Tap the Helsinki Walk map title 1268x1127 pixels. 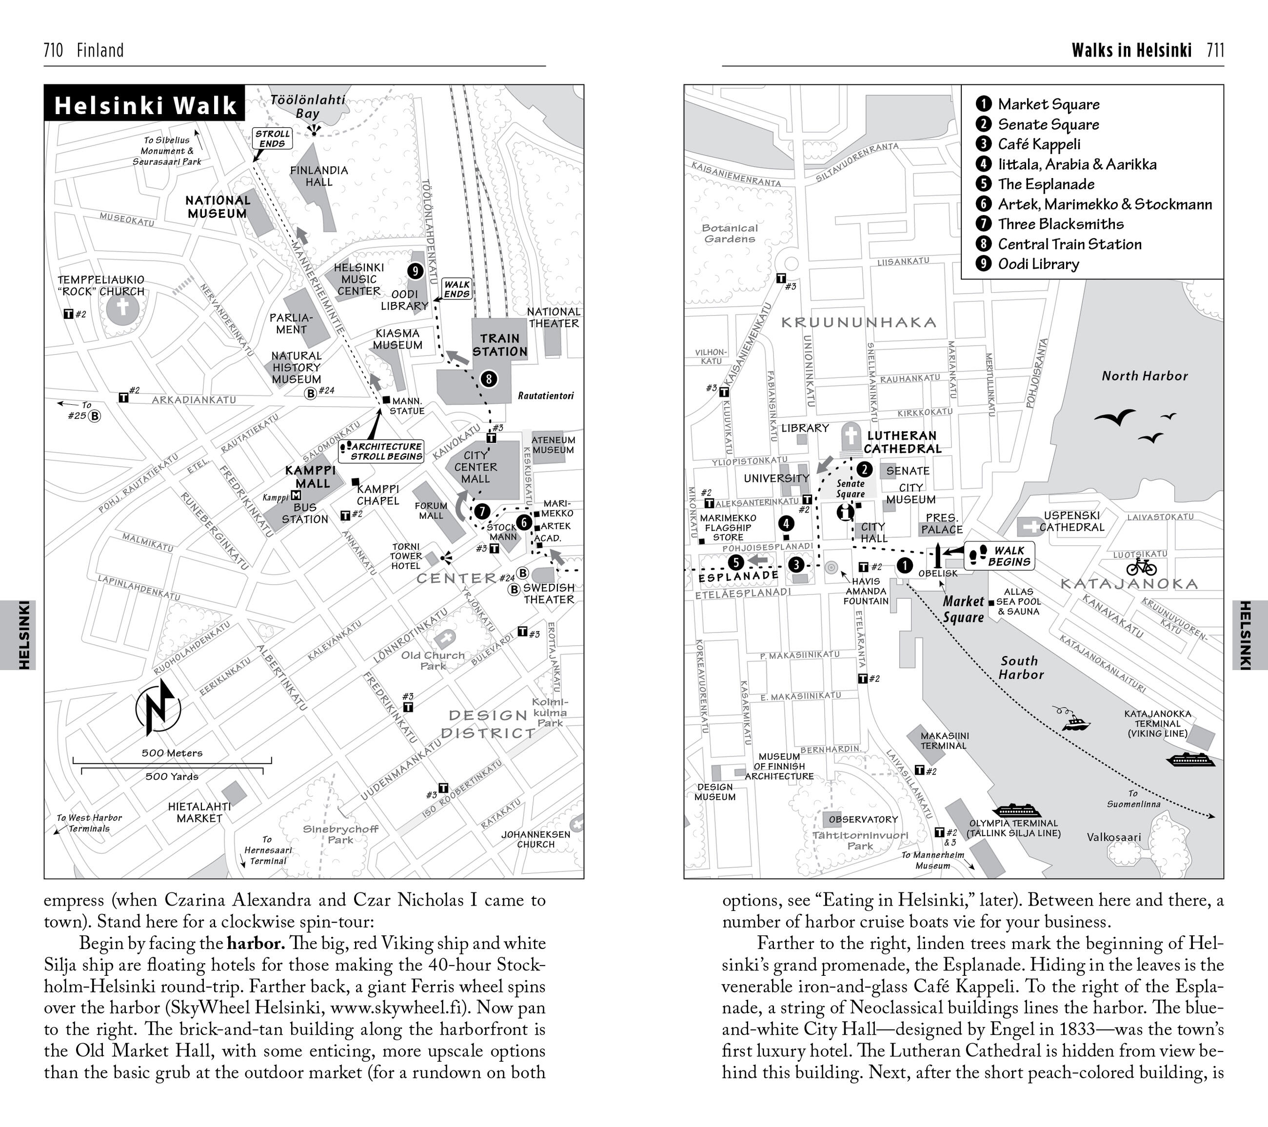[145, 105]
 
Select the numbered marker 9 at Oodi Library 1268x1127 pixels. [415, 271]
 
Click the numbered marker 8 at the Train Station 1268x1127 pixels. [489, 378]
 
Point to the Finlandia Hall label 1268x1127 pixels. [319, 176]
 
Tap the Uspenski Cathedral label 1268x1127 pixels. [1072, 521]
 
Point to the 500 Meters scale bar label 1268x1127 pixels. [172, 753]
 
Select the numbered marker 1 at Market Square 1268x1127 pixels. [905, 565]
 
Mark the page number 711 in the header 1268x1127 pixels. [1215, 50]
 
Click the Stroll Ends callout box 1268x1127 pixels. [272, 138]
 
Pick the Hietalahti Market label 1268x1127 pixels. [199, 812]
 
